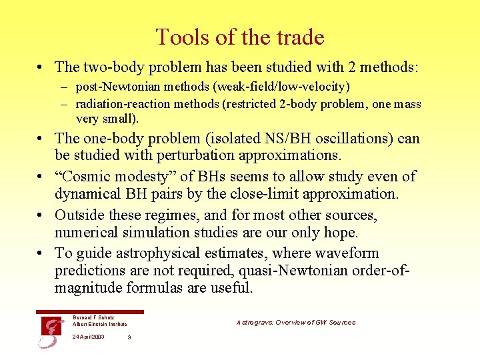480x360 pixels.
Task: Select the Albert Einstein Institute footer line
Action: pos(100,324)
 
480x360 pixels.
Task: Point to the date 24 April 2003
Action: pos(88,337)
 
